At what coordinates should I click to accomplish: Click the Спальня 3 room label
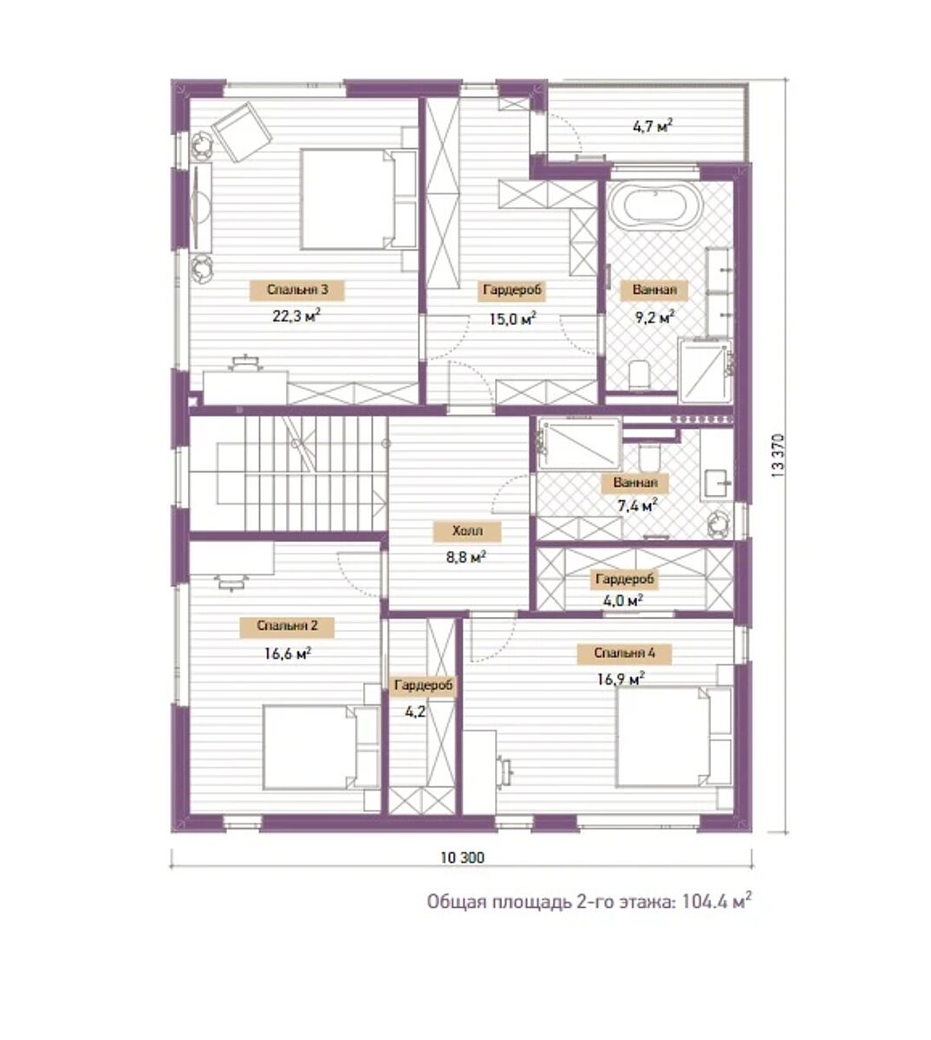click(x=296, y=289)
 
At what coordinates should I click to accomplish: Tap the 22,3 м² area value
click(x=296, y=315)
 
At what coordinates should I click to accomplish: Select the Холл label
click(x=467, y=530)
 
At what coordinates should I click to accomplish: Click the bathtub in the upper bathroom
click(x=655, y=206)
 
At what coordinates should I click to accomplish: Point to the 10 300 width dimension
click(x=462, y=857)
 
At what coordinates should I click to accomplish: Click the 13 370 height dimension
click(x=778, y=457)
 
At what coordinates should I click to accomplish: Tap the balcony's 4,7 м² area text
click(x=653, y=126)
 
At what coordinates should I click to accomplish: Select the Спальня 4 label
click(x=624, y=653)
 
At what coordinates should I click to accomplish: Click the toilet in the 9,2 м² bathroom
click(x=640, y=374)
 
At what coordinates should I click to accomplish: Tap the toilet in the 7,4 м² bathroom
click(x=649, y=455)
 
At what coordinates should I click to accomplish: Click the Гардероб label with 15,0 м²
click(x=512, y=290)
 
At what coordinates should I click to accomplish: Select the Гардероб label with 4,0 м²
click(x=624, y=579)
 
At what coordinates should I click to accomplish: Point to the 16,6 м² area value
click(x=288, y=653)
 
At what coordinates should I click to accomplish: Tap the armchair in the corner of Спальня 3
click(x=241, y=132)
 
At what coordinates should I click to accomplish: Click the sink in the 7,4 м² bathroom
click(x=718, y=483)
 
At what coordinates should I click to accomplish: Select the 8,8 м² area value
click(x=465, y=557)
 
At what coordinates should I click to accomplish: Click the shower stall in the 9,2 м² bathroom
click(x=705, y=370)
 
